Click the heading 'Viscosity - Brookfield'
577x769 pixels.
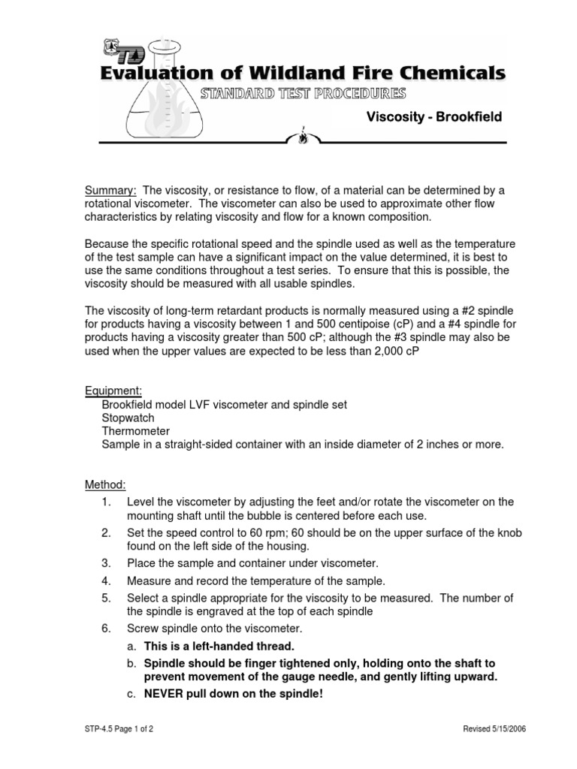point(434,117)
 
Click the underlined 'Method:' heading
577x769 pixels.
point(105,485)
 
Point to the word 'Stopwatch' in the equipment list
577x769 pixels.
point(128,418)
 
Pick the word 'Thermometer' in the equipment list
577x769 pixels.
point(135,431)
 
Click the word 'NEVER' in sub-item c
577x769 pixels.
point(165,694)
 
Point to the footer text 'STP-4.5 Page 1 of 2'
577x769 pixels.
point(120,729)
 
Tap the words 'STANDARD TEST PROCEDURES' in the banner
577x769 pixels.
point(304,93)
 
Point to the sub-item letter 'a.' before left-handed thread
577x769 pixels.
point(131,646)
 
